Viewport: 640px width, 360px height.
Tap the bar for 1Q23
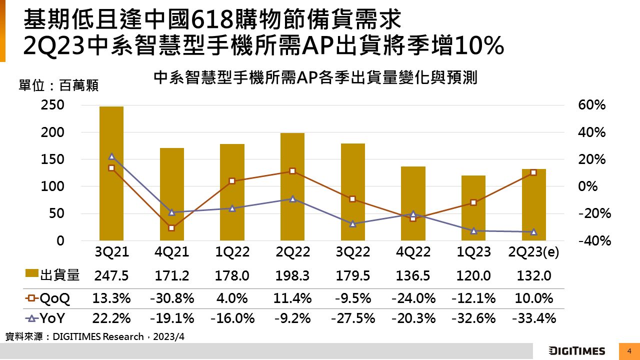[473, 207]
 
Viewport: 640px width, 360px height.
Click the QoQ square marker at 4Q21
[171, 228]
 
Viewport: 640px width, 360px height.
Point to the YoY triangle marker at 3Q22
[352, 224]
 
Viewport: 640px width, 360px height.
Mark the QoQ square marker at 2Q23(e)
[533, 172]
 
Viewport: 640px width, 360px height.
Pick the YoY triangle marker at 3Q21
[111, 156]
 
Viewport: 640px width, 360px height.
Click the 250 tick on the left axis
[53, 105]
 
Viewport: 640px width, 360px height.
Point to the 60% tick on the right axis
[592, 105]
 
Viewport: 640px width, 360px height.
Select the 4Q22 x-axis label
[413, 252]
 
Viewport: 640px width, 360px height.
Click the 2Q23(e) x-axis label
[533, 252]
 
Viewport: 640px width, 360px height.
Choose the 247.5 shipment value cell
[111, 275]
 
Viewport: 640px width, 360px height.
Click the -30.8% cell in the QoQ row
[171, 299]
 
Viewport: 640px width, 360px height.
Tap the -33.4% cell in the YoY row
[533, 318]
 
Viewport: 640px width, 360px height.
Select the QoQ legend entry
[48, 299]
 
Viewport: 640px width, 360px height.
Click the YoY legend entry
[48, 318]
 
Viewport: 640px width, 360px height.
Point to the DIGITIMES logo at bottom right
[577, 351]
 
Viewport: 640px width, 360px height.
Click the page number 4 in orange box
[629, 351]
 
